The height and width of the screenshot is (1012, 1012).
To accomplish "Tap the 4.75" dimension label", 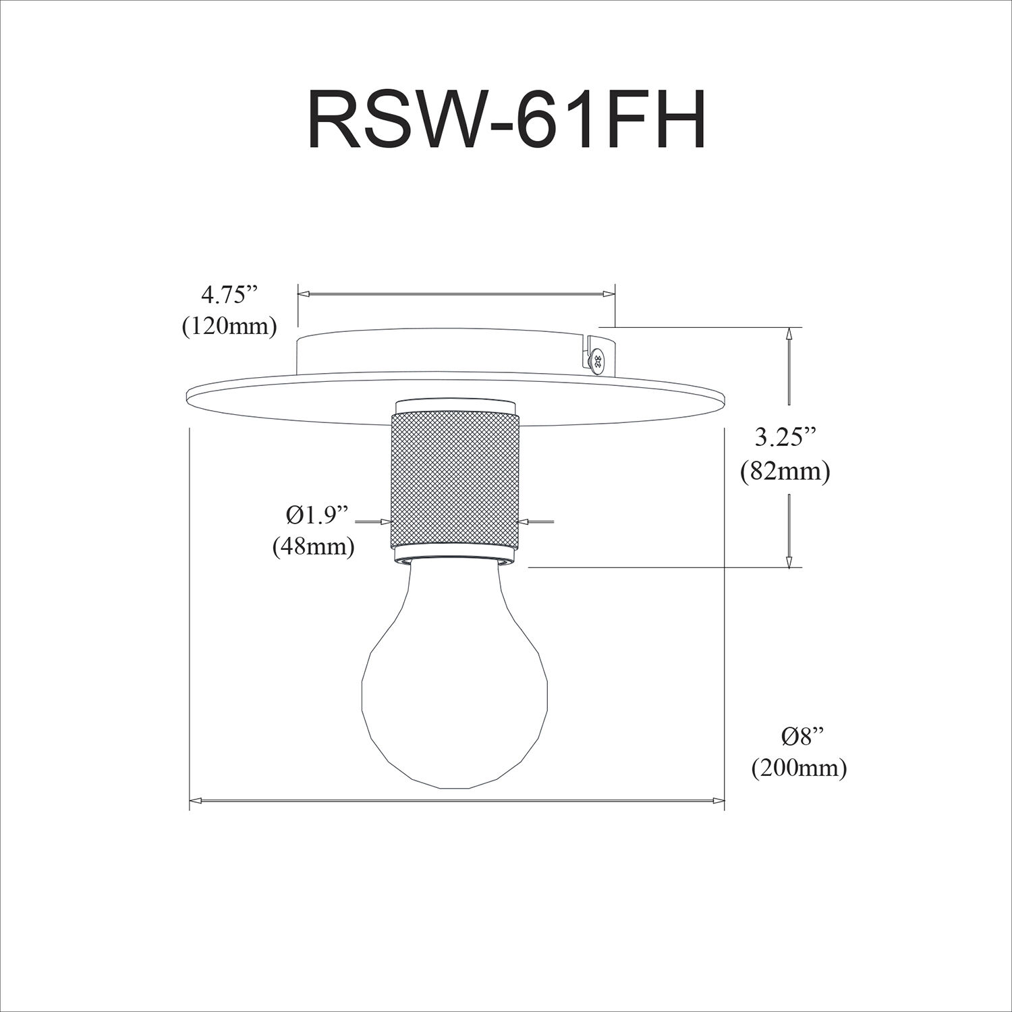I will coord(229,296).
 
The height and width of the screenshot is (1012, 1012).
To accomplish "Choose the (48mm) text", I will coord(314,546).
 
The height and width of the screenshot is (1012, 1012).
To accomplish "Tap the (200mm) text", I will coord(799,768).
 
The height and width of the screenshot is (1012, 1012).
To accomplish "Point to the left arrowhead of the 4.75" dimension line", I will coord(304,294).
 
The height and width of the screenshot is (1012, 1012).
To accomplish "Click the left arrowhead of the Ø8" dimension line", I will coord(196,801).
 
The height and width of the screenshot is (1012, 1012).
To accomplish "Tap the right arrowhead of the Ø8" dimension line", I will coord(718,801).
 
